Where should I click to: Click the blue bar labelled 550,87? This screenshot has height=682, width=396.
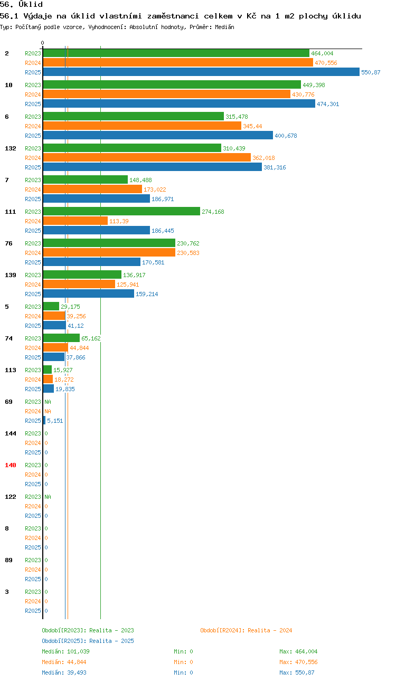tap(201, 72)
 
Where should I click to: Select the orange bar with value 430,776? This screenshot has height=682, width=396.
tap(167, 94)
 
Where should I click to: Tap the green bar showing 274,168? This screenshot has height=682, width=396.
tap(121, 211)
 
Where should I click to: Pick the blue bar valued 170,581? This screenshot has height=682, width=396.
tap(92, 262)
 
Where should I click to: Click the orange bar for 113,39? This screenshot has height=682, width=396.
tap(76, 221)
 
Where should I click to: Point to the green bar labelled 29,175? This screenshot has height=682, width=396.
tap(51, 306)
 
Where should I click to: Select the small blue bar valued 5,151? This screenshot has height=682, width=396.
tap(44, 421)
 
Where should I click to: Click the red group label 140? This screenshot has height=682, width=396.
tap(11, 465)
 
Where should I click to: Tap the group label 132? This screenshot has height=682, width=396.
tap(11, 148)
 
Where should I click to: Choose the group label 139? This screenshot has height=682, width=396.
tap(11, 275)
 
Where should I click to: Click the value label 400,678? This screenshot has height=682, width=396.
tap(286, 136)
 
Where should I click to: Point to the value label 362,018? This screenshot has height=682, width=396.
tap(263, 158)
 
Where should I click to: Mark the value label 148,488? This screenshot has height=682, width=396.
tap(140, 180)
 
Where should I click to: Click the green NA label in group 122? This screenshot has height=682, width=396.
tap(48, 497)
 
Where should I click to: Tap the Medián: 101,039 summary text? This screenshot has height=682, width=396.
tap(65, 651)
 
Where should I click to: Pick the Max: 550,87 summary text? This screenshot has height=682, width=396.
tap(297, 672)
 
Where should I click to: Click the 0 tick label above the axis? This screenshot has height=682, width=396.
tap(42, 43)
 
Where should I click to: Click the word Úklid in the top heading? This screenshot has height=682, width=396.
tap(31, 5)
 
